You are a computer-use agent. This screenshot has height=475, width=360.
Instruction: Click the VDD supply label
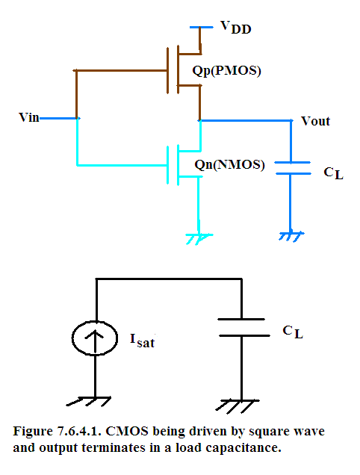[236, 28]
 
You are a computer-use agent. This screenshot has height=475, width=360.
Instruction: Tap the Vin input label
[29, 117]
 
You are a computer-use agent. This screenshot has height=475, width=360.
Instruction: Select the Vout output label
[315, 121]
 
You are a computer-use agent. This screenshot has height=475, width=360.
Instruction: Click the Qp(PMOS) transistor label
[226, 71]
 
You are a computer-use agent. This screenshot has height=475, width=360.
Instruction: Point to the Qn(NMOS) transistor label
[229, 165]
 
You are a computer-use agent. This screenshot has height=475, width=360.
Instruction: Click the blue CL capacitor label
[333, 173]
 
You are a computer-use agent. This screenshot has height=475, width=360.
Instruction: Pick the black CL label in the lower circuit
[293, 332]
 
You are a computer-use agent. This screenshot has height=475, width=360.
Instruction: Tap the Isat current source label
[142, 341]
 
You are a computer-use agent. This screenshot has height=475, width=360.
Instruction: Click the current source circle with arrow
[95, 338]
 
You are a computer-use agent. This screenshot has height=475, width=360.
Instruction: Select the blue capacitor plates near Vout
[293, 168]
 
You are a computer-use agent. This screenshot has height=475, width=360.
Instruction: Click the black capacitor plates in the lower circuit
[243, 327]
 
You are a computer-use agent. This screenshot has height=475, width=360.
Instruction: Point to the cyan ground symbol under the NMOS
[199, 239]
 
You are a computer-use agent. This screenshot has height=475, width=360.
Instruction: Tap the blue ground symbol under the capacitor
[291, 236]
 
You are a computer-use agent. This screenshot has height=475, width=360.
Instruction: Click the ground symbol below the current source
[89, 401]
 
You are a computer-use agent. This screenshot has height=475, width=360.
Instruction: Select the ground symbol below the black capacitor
[238, 406]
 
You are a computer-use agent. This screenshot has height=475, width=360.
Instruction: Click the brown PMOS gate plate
[167, 70]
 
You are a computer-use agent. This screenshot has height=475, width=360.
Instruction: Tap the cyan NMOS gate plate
[167, 165]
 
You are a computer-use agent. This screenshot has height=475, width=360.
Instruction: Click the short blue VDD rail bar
[202, 28]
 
